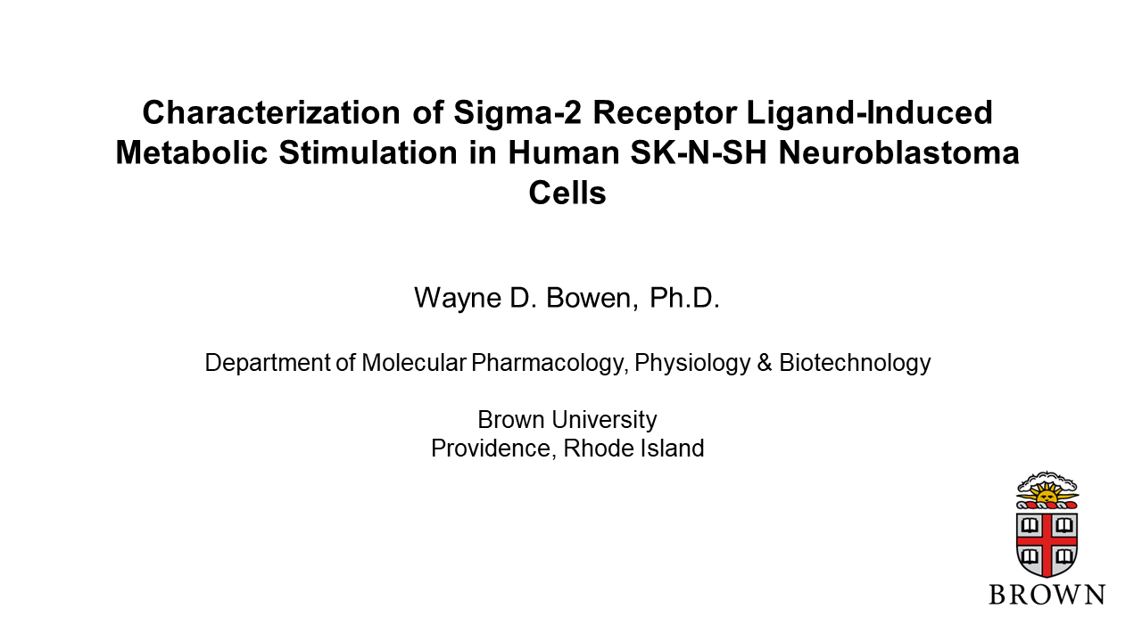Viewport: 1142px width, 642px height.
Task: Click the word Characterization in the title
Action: [x=271, y=112]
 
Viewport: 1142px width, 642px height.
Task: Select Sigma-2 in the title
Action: [x=517, y=112]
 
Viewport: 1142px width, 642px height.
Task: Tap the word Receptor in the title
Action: [x=665, y=113]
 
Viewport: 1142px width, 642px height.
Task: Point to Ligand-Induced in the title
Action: [x=870, y=112]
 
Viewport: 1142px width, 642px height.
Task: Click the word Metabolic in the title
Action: [x=192, y=152]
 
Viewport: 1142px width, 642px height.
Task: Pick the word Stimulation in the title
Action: [x=368, y=152]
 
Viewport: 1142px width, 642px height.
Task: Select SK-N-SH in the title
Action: [x=699, y=152]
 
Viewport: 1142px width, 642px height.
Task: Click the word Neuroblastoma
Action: [x=898, y=152]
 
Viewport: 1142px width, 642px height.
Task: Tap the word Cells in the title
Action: [x=567, y=193]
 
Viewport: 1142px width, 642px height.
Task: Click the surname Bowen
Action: [x=592, y=298]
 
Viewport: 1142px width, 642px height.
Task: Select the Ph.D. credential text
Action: [x=684, y=298]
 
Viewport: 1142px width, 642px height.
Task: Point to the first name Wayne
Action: [x=458, y=299]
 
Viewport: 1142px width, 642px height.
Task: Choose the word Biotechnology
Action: [x=855, y=363]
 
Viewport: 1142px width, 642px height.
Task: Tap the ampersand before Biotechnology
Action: [x=765, y=364]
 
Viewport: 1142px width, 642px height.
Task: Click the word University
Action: [x=605, y=420]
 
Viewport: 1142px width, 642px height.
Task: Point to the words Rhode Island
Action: [x=633, y=449]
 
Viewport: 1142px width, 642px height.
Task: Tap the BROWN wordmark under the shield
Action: [x=1047, y=595]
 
